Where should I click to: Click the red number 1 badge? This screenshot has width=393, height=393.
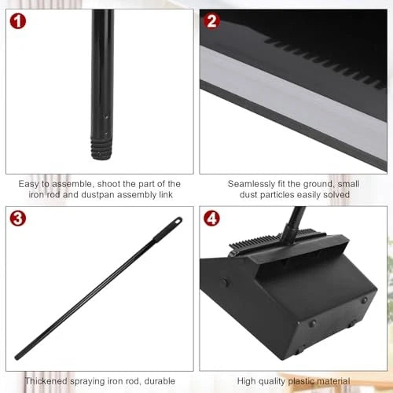(x=19, y=22)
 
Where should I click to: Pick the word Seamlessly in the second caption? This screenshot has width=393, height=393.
(x=254, y=182)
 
